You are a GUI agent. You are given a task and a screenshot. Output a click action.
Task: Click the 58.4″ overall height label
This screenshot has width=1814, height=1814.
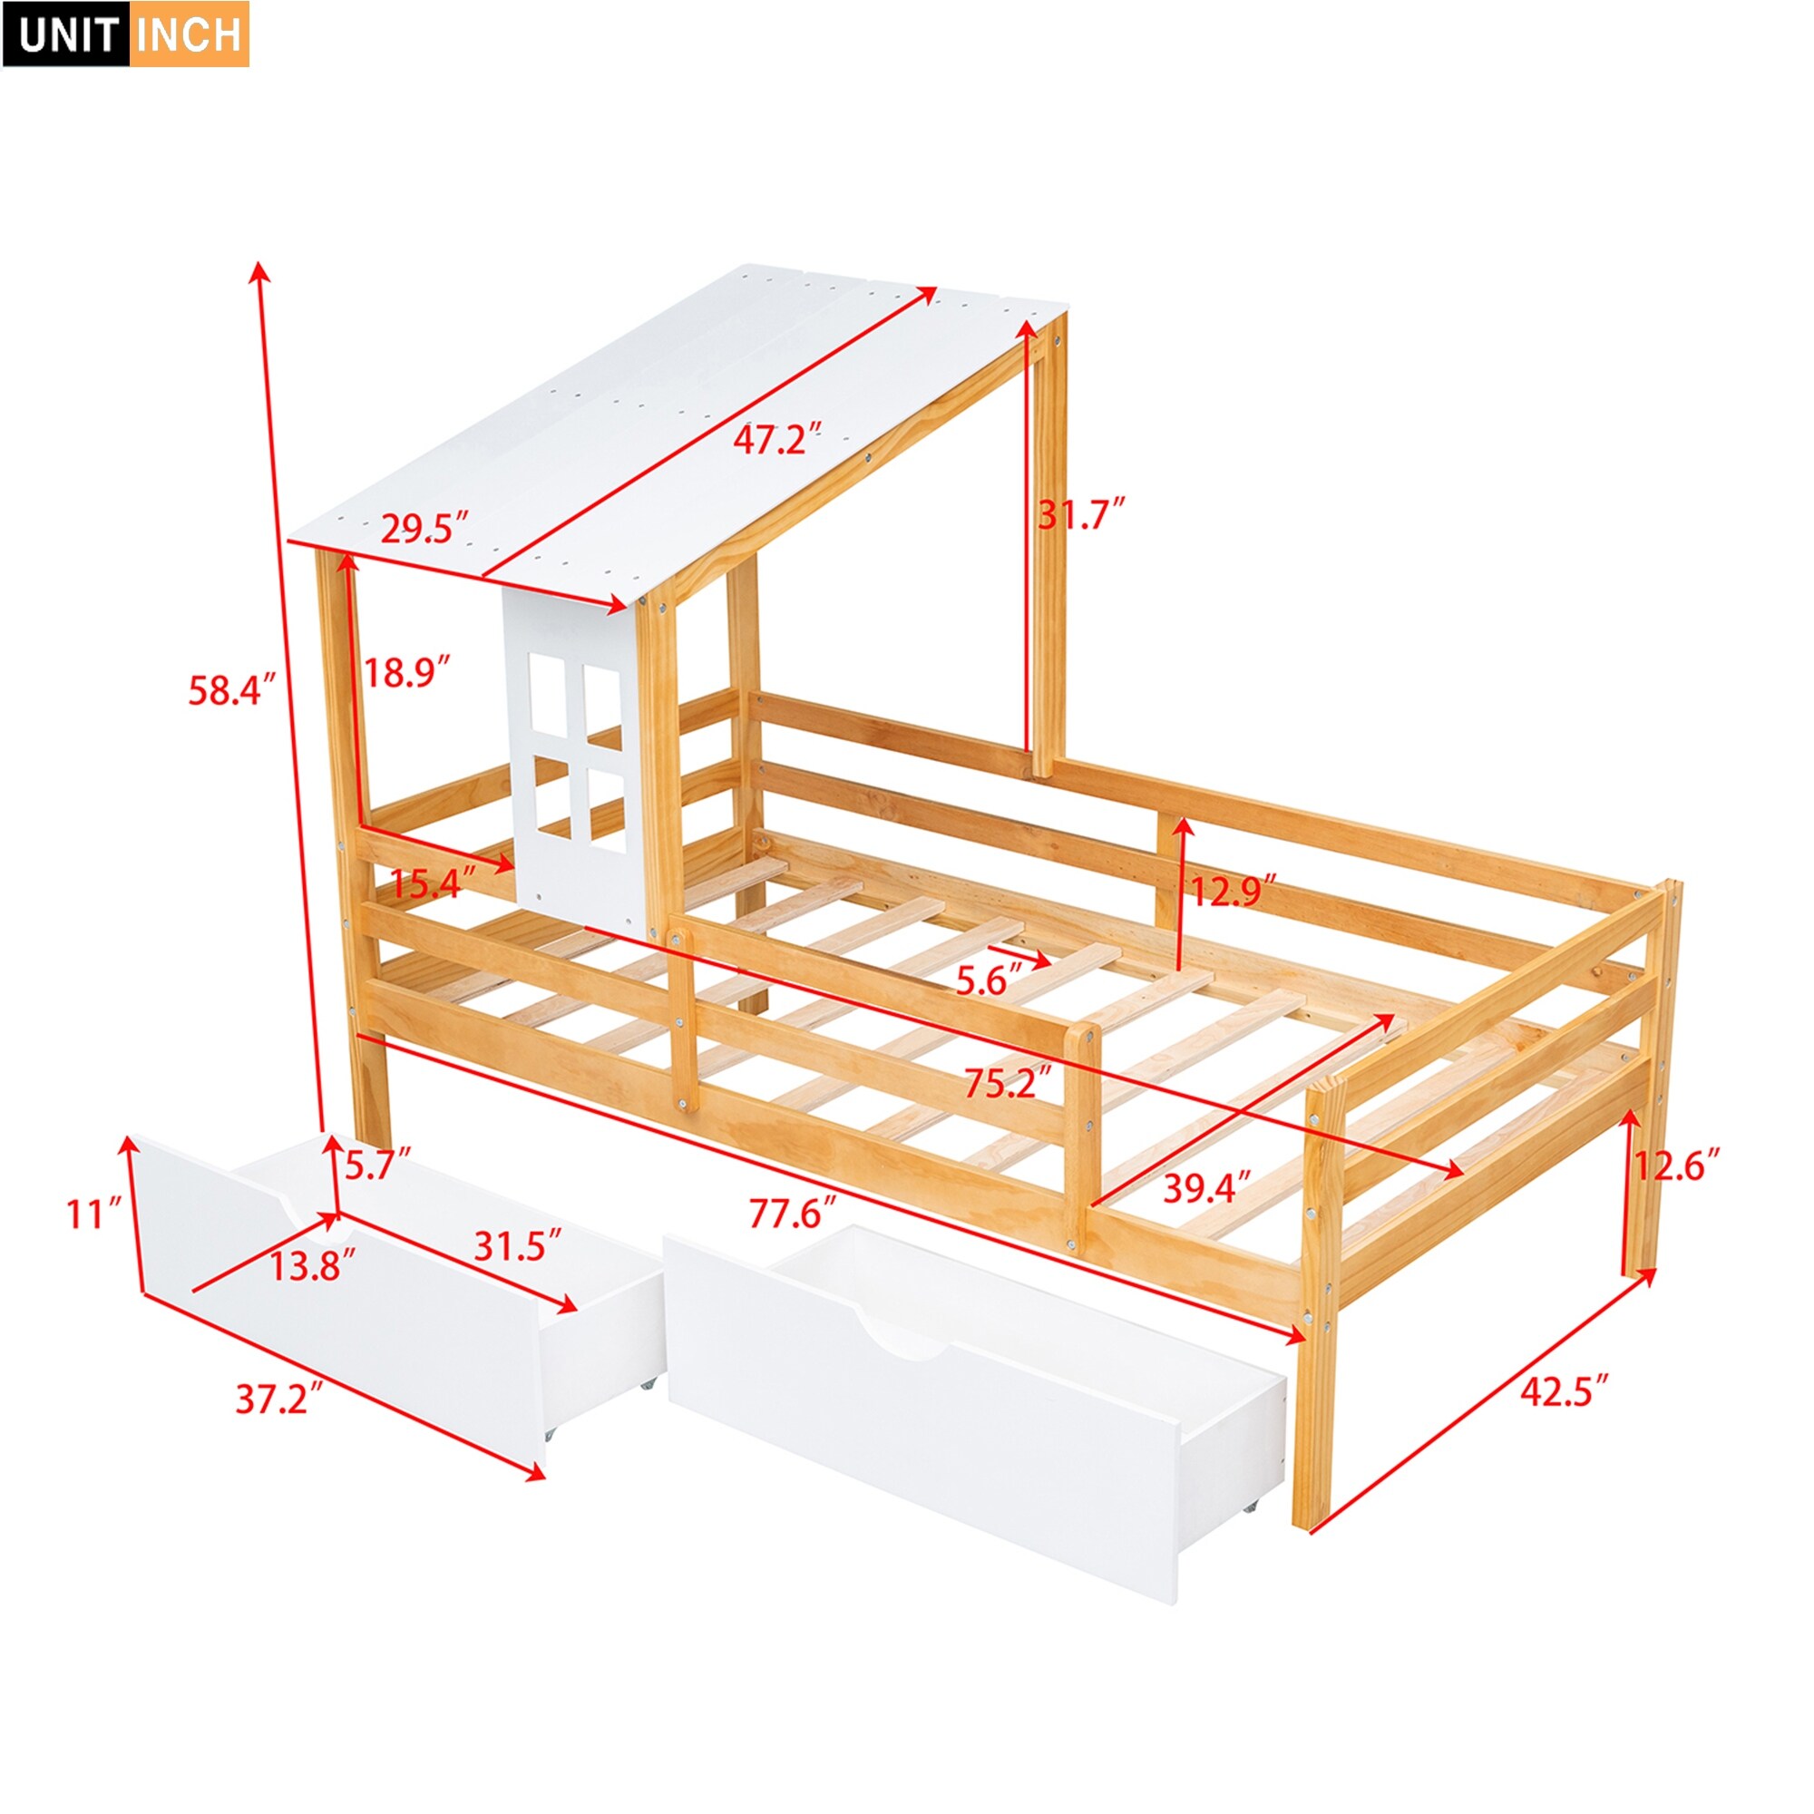(232, 690)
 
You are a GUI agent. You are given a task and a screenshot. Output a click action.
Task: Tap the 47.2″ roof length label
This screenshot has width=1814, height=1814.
(778, 437)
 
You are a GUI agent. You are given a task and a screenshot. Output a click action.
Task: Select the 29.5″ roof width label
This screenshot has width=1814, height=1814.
(424, 529)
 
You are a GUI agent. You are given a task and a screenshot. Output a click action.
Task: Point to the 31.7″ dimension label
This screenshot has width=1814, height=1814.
(1081, 513)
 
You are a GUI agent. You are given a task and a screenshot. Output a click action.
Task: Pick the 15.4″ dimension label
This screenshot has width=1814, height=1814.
(433, 883)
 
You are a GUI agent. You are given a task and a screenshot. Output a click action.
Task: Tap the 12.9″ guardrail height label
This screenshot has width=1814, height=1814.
(1234, 889)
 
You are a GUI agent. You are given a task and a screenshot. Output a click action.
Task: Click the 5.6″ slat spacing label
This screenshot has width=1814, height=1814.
(989, 981)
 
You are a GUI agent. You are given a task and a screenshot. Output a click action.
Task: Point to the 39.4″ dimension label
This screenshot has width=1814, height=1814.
(1207, 1188)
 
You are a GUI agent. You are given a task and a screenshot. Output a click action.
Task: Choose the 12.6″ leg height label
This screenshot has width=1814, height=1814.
(1678, 1165)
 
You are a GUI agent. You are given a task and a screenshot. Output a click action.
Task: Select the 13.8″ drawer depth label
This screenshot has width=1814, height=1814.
(314, 1266)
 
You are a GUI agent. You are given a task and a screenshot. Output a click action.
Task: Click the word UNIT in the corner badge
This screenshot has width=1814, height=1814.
(65, 34)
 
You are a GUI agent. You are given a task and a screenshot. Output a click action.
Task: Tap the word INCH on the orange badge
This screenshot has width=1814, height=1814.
(189, 34)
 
